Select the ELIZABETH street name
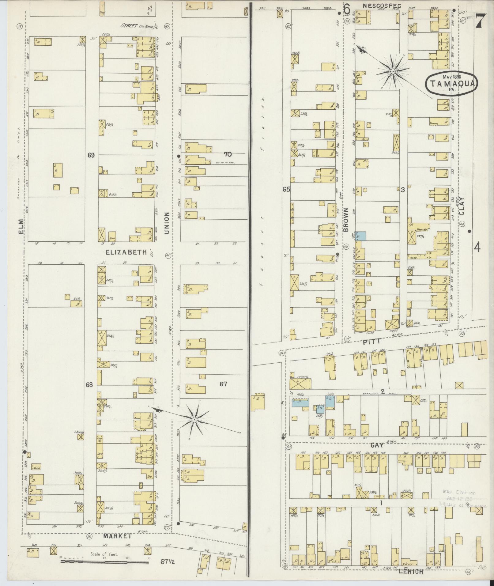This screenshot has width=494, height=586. (x=126, y=252)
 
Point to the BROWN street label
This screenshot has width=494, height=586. (x=346, y=219)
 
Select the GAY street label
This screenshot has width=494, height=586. (x=377, y=446)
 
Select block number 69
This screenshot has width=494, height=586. (x=91, y=155)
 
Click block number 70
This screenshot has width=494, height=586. (x=228, y=154)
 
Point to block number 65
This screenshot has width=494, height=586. (x=286, y=190)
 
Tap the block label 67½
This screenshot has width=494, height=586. (x=168, y=562)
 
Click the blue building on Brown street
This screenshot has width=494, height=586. (x=362, y=236)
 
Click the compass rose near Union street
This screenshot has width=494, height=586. (x=194, y=418)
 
